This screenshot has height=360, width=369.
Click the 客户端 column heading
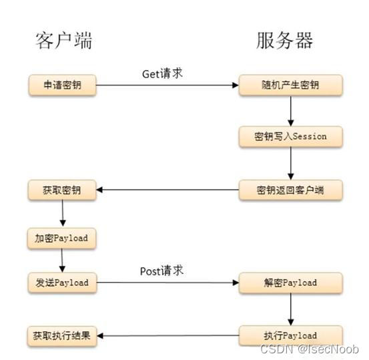(x=63, y=41)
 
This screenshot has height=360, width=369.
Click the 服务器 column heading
(x=284, y=41)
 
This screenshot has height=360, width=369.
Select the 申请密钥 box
(x=62, y=85)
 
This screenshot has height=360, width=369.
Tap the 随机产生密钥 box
(x=291, y=85)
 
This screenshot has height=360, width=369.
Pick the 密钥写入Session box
(x=291, y=136)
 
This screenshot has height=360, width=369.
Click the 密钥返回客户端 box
(x=291, y=190)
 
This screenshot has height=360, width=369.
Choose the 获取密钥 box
(x=62, y=190)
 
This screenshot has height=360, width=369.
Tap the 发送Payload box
(x=62, y=283)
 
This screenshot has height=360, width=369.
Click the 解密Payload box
(x=291, y=283)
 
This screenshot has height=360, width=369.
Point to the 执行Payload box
(x=291, y=335)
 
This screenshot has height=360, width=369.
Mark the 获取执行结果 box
(x=62, y=335)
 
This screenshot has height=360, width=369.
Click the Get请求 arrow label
(x=162, y=73)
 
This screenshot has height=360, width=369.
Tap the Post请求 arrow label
(x=161, y=271)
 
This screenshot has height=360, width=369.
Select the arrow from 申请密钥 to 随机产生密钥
(x=167, y=85)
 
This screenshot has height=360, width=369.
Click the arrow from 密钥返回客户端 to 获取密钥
(x=167, y=190)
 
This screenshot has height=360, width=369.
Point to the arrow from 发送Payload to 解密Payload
(x=167, y=283)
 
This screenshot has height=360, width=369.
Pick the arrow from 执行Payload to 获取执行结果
(x=167, y=335)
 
